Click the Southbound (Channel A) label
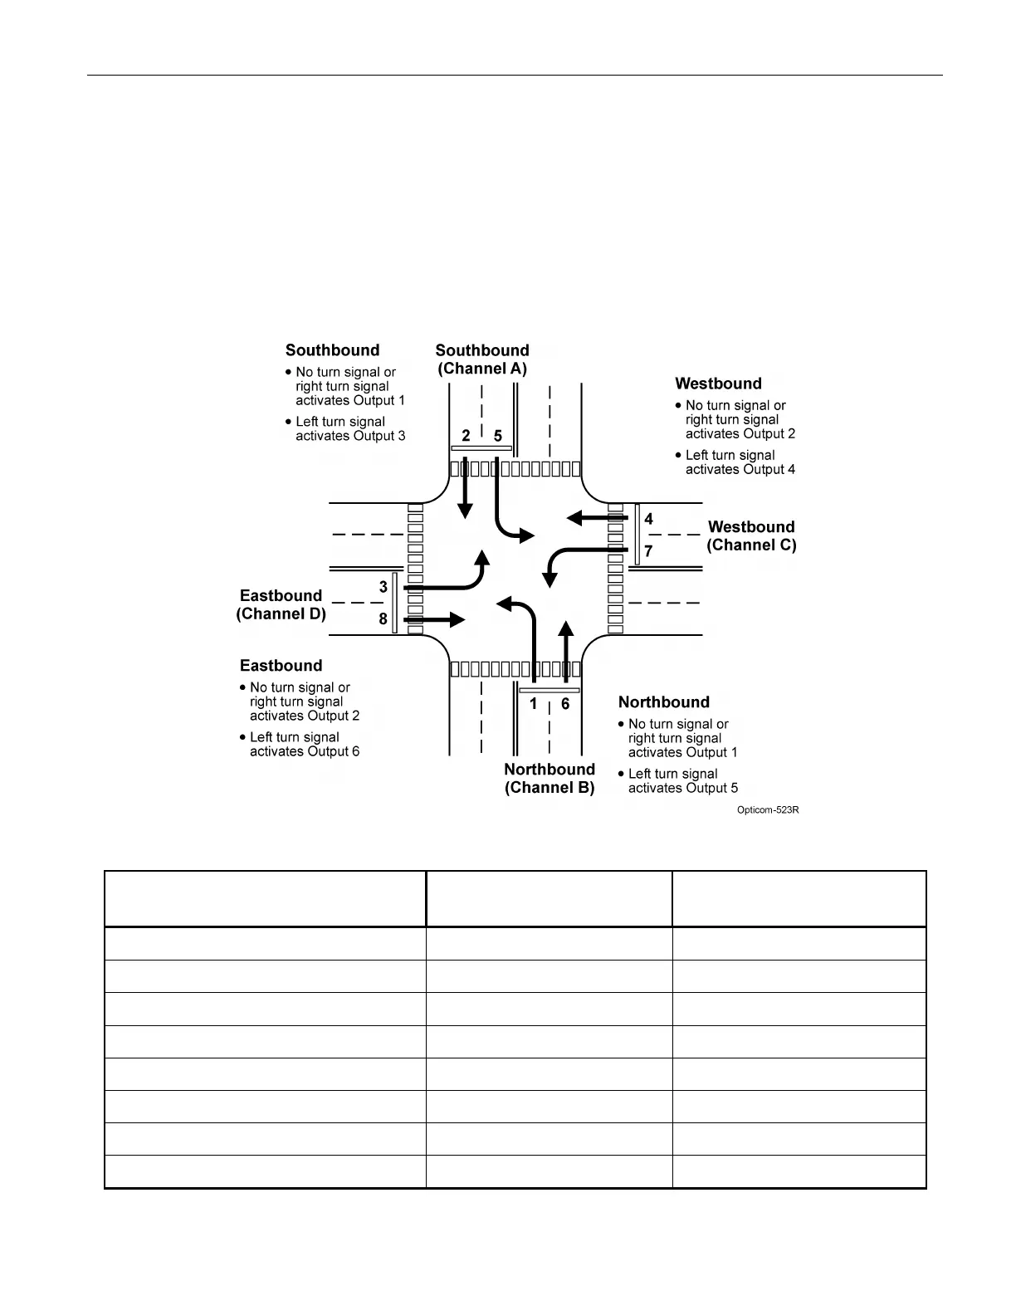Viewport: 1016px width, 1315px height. click(482, 359)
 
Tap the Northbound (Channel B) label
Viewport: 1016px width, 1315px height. click(550, 779)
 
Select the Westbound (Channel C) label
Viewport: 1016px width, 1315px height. click(751, 536)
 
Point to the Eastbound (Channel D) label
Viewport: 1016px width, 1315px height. click(281, 605)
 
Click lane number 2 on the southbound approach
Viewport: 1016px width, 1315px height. click(466, 436)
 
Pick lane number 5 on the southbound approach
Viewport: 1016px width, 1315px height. click(498, 436)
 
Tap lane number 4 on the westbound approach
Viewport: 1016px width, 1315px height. click(649, 519)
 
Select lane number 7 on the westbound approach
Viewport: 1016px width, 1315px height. click(649, 551)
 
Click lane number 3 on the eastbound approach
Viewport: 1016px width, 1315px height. click(383, 587)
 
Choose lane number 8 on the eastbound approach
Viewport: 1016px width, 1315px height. click(383, 618)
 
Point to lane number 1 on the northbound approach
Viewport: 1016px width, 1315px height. click(534, 704)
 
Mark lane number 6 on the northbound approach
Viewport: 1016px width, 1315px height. click(565, 704)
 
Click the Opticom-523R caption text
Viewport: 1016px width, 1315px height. click(768, 810)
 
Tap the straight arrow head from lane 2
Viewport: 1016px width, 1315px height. click(466, 511)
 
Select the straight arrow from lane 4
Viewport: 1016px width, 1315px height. click(594, 518)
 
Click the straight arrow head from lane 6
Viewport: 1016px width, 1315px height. click(566, 628)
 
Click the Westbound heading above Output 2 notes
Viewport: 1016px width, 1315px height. click(718, 384)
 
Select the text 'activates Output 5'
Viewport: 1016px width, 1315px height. click(683, 788)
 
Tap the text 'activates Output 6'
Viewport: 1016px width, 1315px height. click(305, 751)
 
